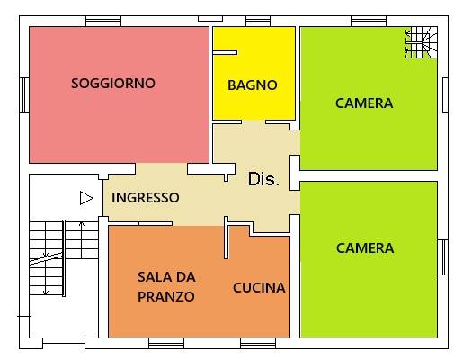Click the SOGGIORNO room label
tap(113, 84)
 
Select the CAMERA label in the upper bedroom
tap(363, 103)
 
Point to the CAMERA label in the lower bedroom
tap(364, 247)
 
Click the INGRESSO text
tap(145, 198)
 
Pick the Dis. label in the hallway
tap(263, 180)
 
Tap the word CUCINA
tap(259, 289)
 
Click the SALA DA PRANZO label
tap(166, 286)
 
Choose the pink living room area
tap(117, 126)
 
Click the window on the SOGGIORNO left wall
tap(25, 95)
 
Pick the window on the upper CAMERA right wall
tap(445, 95)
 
